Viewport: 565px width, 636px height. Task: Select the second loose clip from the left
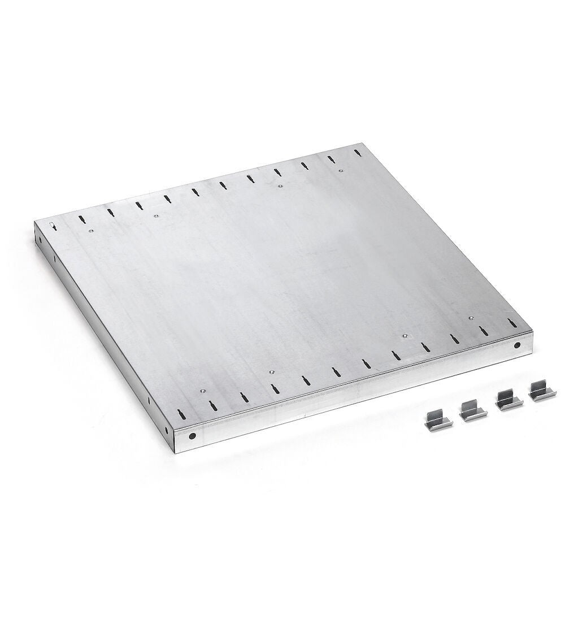click(470, 410)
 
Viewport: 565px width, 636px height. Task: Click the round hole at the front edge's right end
click(517, 344)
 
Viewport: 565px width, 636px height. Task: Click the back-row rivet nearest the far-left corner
click(89, 230)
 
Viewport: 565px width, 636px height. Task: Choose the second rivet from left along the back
click(157, 215)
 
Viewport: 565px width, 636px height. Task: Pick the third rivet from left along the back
click(279, 185)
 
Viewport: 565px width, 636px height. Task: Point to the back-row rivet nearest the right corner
click(340, 171)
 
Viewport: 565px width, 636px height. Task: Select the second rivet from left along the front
click(271, 371)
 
